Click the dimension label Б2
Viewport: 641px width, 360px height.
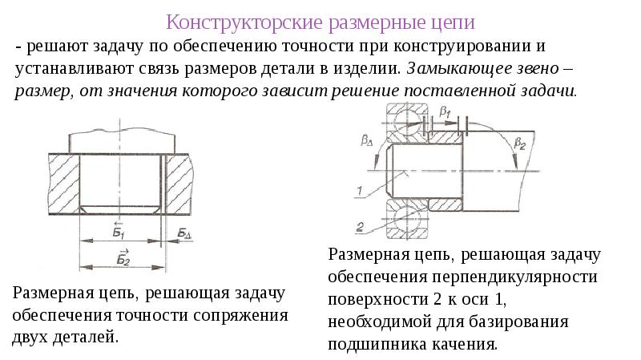click(x=123, y=257)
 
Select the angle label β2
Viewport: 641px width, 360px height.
click(x=519, y=145)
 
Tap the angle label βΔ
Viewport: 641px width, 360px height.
click(x=368, y=141)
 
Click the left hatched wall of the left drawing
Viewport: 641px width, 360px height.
click(x=63, y=184)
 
